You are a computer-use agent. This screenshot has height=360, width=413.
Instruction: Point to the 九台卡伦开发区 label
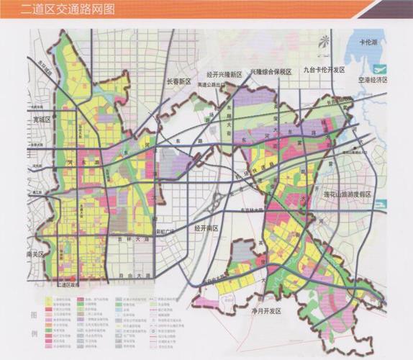(x=324, y=70)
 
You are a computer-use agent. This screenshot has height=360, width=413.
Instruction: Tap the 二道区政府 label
(x=70, y=285)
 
